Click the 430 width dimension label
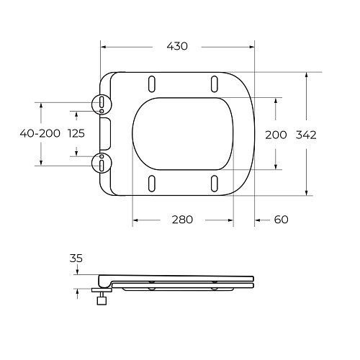pyautogui.click(x=177, y=46)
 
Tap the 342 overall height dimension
pyautogui.click(x=306, y=135)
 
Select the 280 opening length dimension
pyautogui.click(x=182, y=220)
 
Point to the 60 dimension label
pyautogui.click(x=281, y=220)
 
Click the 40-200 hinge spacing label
pyautogui.click(x=40, y=133)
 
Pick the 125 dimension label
pyautogui.click(x=76, y=133)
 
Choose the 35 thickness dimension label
pyautogui.click(x=76, y=258)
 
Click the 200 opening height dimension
pyautogui.click(x=276, y=135)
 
